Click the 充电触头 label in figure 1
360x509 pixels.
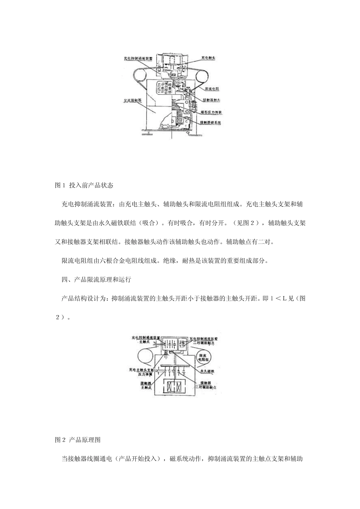point(208,58)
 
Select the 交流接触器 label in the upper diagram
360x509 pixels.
point(133,101)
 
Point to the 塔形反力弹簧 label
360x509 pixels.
point(211,112)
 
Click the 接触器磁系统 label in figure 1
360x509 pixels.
point(211,123)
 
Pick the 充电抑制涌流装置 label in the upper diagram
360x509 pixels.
point(138,59)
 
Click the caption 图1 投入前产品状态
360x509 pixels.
point(84,186)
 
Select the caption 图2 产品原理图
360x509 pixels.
point(78,440)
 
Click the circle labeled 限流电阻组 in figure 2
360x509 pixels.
point(206,356)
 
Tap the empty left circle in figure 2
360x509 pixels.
point(146,357)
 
